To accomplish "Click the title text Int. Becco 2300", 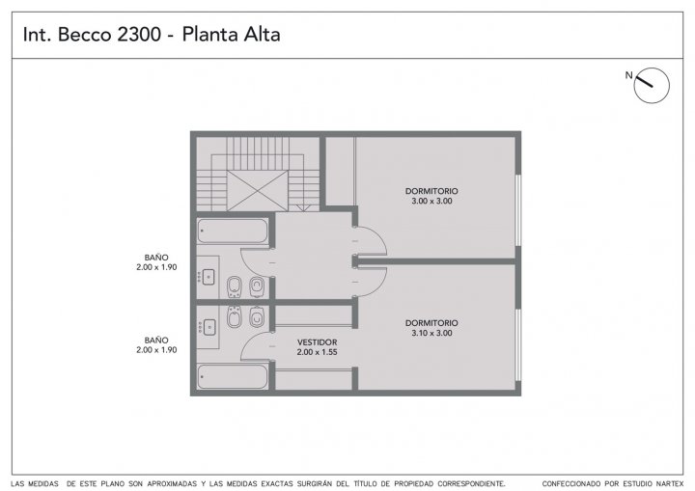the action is [x=92, y=35].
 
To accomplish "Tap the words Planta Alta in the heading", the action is [x=231, y=35].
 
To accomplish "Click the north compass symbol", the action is [x=652, y=86].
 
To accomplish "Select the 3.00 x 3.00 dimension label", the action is [x=431, y=202].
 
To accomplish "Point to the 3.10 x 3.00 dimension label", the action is [x=431, y=333].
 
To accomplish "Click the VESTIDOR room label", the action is [x=317, y=342].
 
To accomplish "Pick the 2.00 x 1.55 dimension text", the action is [x=317, y=352].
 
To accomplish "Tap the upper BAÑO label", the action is [x=156, y=258].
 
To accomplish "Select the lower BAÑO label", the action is [x=156, y=341].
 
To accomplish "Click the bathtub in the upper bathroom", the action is [x=233, y=232].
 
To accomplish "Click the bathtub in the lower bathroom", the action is [x=233, y=376].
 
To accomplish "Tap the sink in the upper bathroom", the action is [x=208, y=277].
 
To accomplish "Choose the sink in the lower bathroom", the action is [x=208, y=327].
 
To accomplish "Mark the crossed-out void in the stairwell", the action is [x=257, y=191].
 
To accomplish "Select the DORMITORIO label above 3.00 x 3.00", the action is [x=431, y=191].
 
